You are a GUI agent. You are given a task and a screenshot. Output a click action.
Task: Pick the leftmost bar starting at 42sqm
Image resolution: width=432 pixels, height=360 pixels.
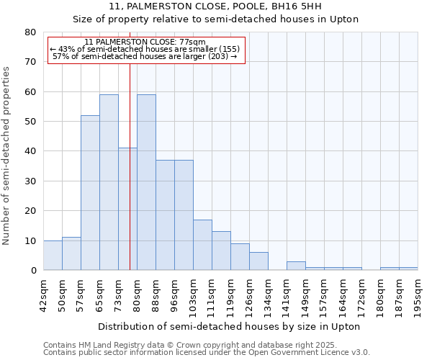53,255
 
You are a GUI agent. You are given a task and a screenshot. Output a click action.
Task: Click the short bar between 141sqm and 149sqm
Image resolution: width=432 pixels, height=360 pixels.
296,266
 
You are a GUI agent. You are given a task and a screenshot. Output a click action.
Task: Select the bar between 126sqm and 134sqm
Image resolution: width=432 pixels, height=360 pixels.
258,261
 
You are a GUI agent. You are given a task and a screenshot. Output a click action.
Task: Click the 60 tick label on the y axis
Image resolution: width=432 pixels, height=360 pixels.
30,92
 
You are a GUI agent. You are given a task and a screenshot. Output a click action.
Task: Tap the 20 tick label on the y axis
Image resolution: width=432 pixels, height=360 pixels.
30,211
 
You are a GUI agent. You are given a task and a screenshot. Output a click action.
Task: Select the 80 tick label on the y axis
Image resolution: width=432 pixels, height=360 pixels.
30,32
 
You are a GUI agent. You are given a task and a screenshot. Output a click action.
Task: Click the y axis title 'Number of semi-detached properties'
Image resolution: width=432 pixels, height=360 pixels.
7,155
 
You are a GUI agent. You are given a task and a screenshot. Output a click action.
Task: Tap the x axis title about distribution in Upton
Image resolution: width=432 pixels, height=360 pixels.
228,326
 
